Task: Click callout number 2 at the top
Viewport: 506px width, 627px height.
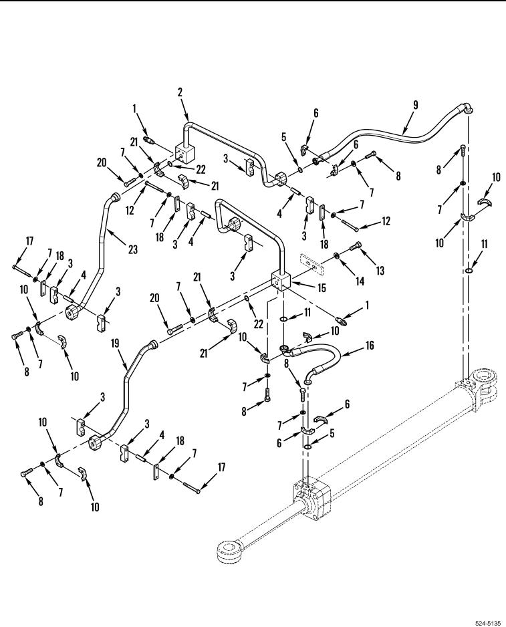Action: coord(180,92)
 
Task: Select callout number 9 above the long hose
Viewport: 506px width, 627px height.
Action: coord(416,105)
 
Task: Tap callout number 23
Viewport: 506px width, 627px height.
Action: coord(133,249)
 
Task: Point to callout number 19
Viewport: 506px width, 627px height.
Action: coord(115,344)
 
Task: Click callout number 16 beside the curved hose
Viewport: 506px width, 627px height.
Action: coord(370,345)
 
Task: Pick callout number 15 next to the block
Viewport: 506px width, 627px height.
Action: coord(322,287)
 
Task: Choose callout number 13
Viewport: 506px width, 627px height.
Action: coord(380,270)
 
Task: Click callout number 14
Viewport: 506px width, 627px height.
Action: coord(360,281)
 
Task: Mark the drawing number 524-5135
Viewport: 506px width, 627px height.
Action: coord(487,622)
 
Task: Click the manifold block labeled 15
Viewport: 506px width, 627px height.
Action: coord(281,281)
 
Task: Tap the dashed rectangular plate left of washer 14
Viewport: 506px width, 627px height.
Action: coord(311,263)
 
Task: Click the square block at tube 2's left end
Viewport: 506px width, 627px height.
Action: coord(184,154)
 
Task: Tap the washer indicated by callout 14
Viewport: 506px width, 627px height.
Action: coord(337,255)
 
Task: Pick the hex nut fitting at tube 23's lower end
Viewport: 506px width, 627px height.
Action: coord(74,312)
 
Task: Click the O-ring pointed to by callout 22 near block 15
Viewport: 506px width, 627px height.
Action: coord(247,299)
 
